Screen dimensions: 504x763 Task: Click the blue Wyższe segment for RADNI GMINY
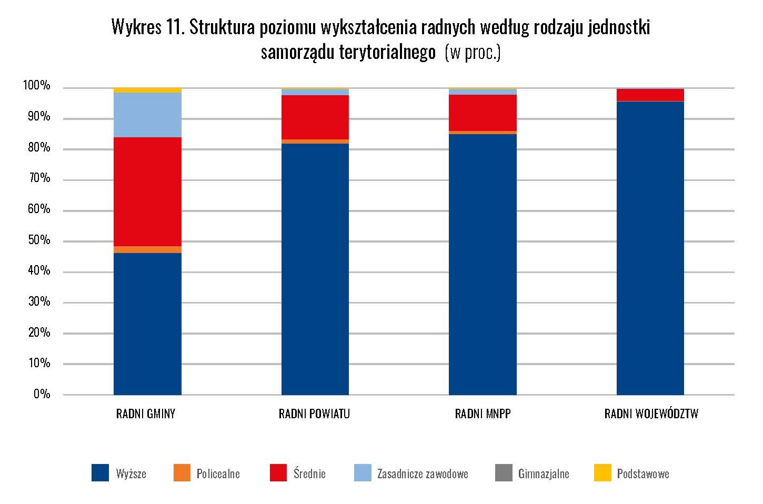[x=147, y=324]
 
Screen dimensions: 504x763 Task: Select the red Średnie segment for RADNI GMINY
[x=147, y=191]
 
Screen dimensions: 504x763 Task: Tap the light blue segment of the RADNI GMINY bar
[x=147, y=115]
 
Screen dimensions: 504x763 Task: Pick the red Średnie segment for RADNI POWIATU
[x=315, y=117]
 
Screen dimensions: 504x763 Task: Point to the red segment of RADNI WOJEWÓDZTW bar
[x=650, y=95]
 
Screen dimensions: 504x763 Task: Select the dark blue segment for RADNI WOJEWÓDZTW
[x=650, y=248]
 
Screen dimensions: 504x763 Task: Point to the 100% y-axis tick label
[x=36, y=86]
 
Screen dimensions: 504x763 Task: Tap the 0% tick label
[x=42, y=394]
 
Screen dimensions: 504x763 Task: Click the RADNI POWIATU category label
[x=314, y=414]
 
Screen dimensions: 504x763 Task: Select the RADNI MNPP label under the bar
[x=483, y=414]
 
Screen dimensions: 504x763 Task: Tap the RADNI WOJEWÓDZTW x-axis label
[x=651, y=414]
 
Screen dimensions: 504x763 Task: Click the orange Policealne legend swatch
[x=182, y=473]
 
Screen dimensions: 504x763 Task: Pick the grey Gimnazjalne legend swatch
[x=504, y=473]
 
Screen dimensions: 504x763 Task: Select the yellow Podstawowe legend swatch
[x=602, y=473]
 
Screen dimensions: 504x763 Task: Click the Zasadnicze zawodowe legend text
[x=423, y=474]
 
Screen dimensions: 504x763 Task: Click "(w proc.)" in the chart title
[x=472, y=53]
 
